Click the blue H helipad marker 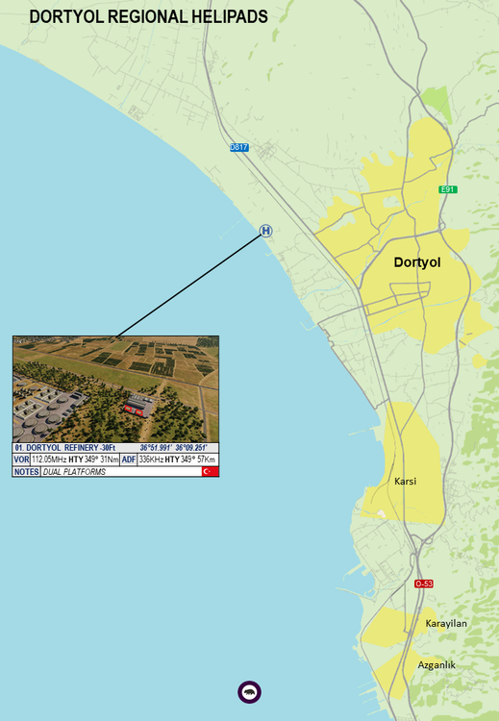point(265,231)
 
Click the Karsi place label point(405,481)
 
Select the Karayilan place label point(446,624)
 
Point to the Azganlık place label point(437,664)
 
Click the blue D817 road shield point(239,147)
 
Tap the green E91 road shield point(447,189)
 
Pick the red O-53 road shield point(424,584)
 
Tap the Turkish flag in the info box point(210,472)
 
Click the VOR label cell point(22,460)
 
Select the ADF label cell point(129,460)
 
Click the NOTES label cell point(26,472)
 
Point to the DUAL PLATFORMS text point(73,472)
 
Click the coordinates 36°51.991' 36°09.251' point(178,448)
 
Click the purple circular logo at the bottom point(249,691)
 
